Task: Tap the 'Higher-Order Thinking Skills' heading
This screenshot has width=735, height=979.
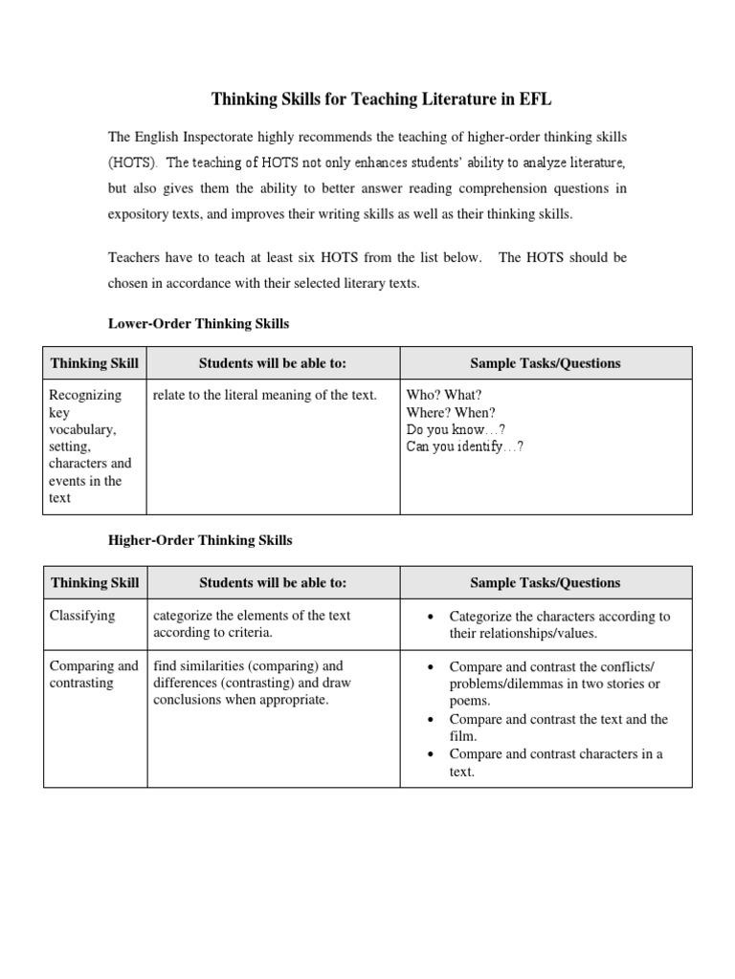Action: (x=199, y=540)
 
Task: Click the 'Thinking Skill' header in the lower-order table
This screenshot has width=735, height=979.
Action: (x=94, y=363)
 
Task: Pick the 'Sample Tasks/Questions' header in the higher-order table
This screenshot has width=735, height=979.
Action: (x=546, y=582)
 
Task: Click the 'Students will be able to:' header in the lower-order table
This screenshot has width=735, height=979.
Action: (x=273, y=363)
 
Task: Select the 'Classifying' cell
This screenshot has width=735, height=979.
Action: (x=82, y=616)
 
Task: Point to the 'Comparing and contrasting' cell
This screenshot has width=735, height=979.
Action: (x=94, y=674)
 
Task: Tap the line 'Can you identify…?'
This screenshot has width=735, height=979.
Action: (x=465, y=446)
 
